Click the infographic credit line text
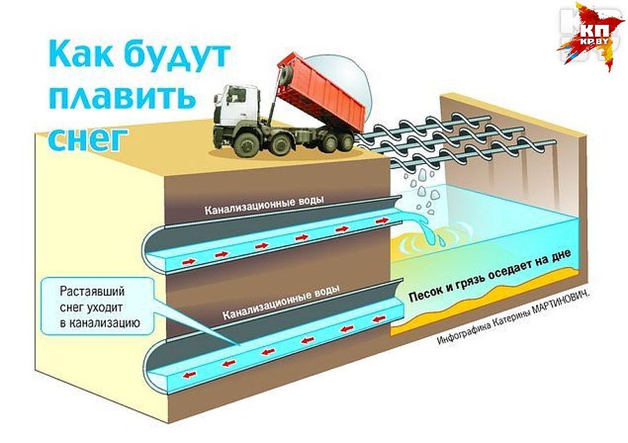pyautogui.click(x=517, y=318)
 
